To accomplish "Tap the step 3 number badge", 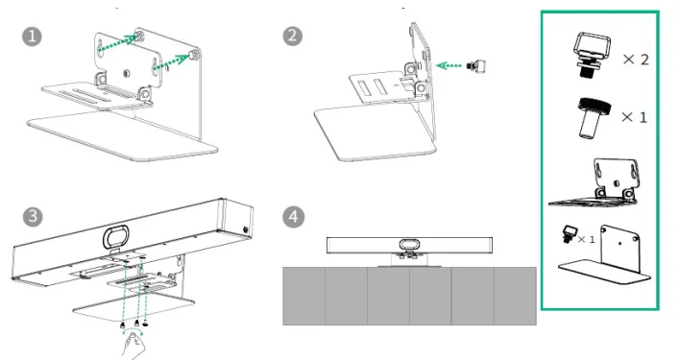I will tap(32, 215).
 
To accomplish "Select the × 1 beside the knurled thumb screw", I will tap(630, 116).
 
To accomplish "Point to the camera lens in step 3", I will tap(116, 235).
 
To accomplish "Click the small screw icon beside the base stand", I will tap(569, 232).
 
